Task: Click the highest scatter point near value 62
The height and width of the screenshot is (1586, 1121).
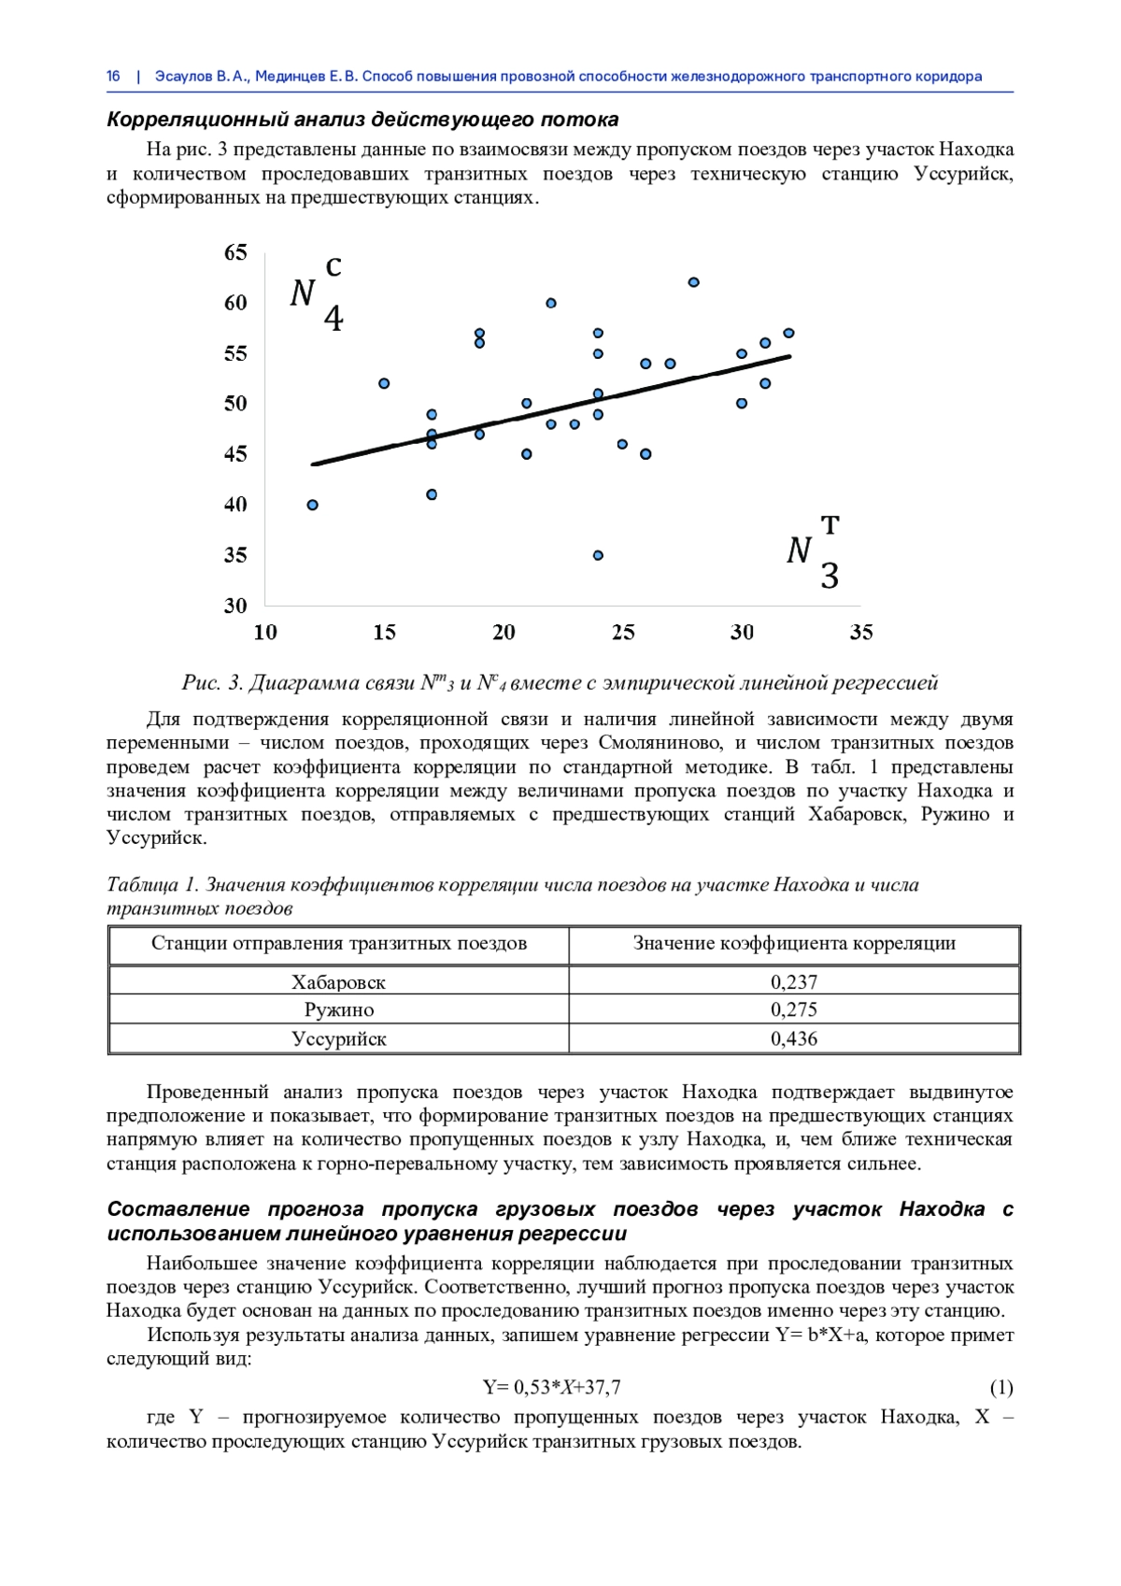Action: coord(694,282)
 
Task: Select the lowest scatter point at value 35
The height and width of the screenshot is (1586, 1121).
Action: coord(598,555)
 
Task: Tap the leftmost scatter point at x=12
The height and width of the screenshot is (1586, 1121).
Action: coord(313,505)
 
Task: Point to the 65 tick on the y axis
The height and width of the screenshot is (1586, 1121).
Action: coord(235,252)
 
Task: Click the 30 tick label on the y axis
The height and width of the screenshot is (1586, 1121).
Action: coord(235,606)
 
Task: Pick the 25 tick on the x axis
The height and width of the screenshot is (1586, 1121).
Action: coord(623,633)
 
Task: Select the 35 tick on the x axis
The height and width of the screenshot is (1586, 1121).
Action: coord(861,633)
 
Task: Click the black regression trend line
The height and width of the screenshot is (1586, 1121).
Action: coord(551,409)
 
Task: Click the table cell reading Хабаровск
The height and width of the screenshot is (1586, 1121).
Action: coord(338,982)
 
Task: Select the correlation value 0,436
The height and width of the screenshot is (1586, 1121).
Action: coord(794,1039)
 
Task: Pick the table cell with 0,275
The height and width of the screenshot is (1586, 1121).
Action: coord(794,1010)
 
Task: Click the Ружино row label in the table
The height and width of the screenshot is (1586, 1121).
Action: coord(338,1010)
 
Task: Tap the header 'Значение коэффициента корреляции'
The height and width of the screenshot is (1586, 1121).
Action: coord(794,944)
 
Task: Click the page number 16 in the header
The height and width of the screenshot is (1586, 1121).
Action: coord(114,77)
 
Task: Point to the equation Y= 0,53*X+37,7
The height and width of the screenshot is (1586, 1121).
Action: coord(551,1388)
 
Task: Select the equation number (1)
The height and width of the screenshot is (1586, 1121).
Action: coord(1001,1388)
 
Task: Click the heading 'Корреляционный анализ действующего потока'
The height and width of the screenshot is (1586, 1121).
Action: coord(362,120)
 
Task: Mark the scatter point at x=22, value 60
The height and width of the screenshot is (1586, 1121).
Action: coord(551,303)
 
